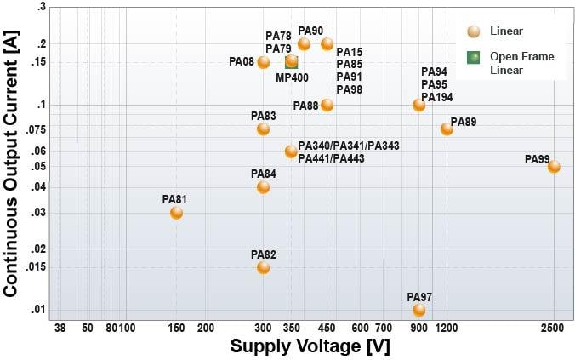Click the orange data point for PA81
click(176, 213)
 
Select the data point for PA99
click(554, 167)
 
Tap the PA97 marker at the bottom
click(418, 310)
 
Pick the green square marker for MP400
click(292, 62)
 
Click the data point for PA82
click(263, 267)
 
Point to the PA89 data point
click(447, 129)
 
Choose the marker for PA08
click(263, 62)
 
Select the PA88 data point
click(327, 106)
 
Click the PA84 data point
click(263, 187)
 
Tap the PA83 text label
click(263, 116)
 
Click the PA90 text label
click(310, 31)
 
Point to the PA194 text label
click(437, 98)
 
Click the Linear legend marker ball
click(473, 31)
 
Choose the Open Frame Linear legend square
click(473, 58)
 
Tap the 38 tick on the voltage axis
click(60, 328)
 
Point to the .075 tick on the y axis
click(34, 129)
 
